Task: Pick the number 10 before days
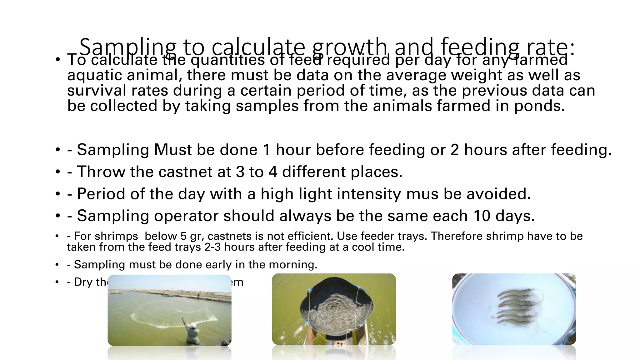(x=482, y=216)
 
